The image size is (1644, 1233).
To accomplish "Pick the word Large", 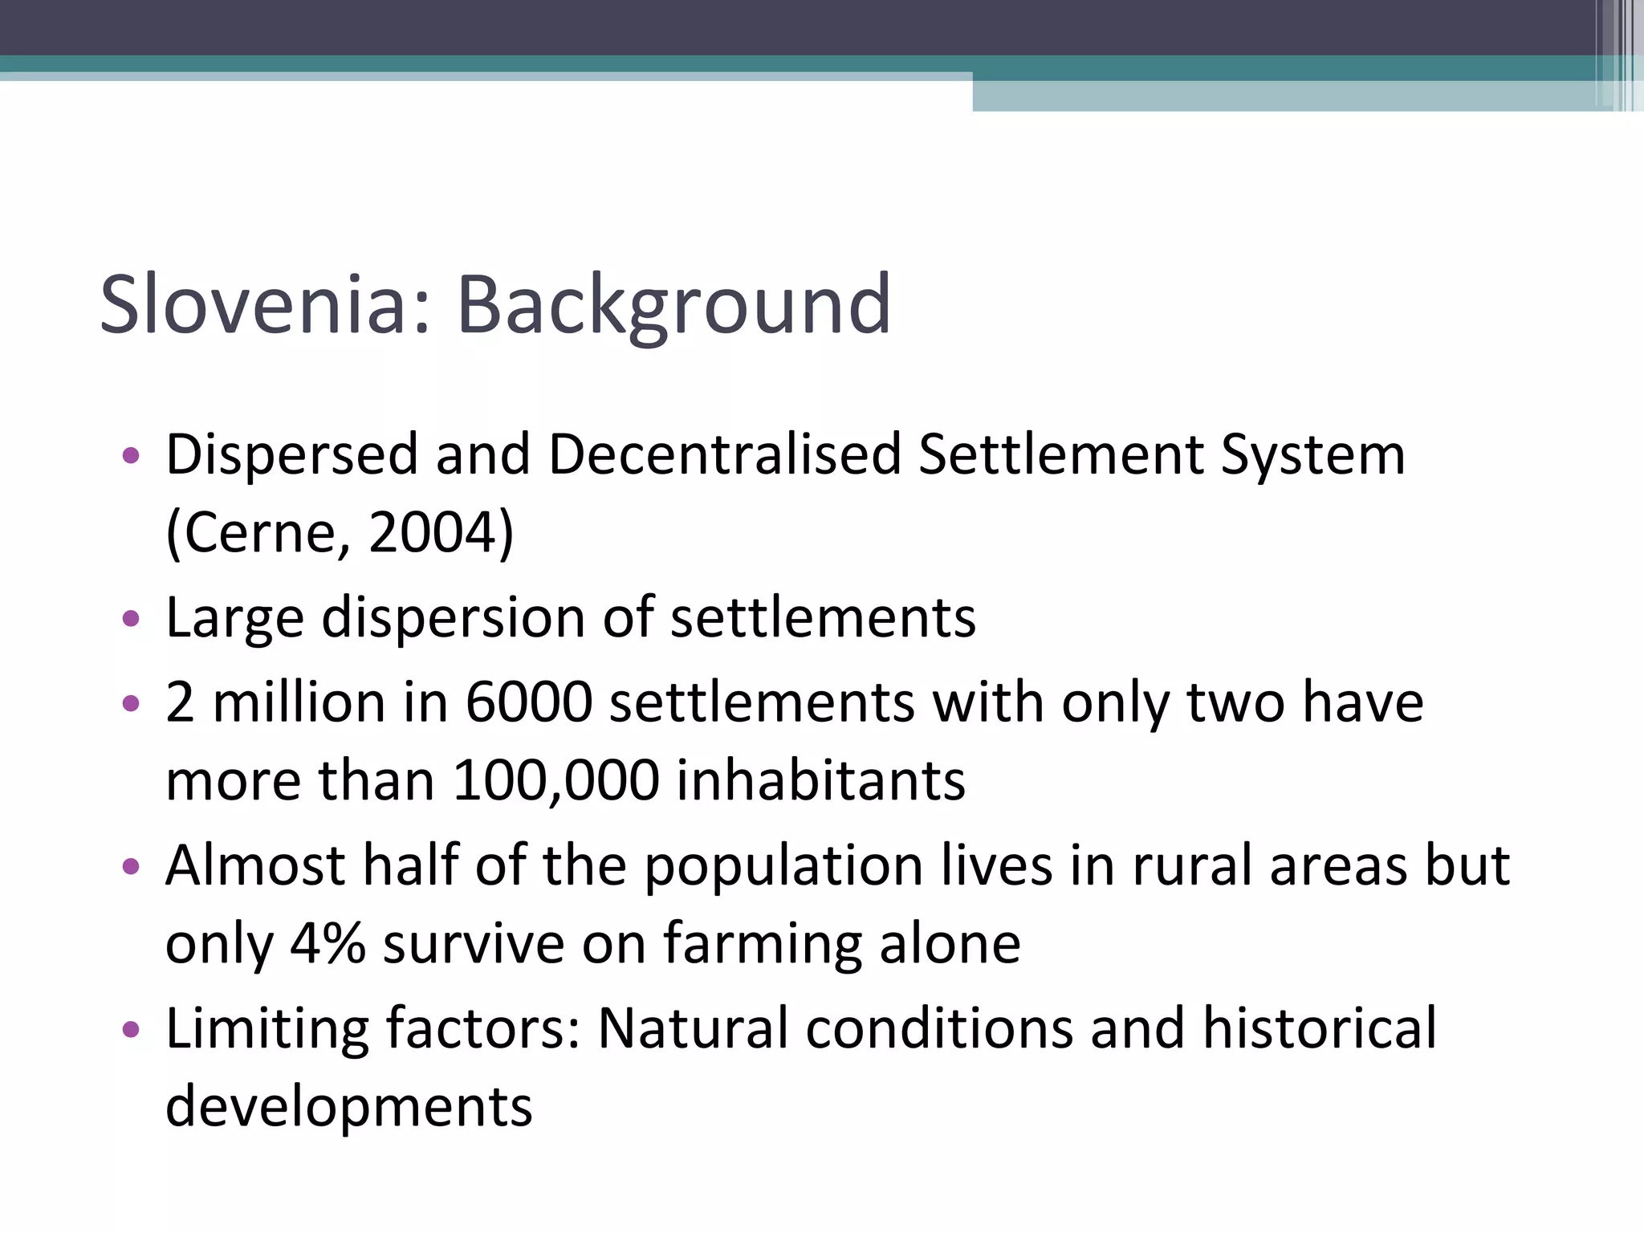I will (234, 620).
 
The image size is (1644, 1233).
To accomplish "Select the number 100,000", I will (556, 780).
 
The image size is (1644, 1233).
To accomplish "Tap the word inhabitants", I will (821, 780).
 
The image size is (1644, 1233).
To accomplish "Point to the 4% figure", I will (328, 944).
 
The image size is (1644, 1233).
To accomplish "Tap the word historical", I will (1320, 1028).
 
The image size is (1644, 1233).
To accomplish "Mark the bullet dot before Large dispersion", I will (131, 620).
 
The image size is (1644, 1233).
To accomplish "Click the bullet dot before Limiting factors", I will (131, 1030).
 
